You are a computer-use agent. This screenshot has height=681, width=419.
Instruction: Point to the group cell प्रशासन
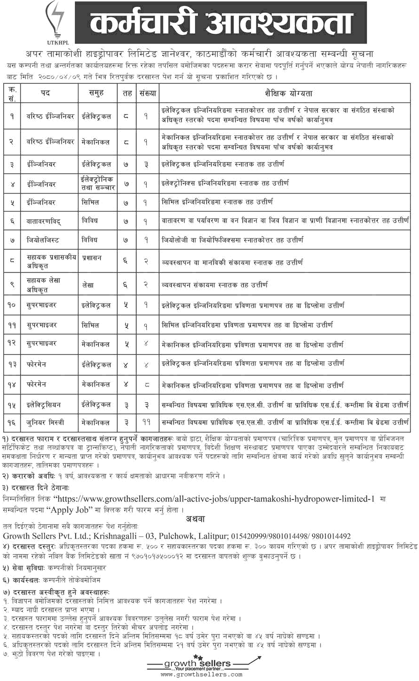[91, 258]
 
